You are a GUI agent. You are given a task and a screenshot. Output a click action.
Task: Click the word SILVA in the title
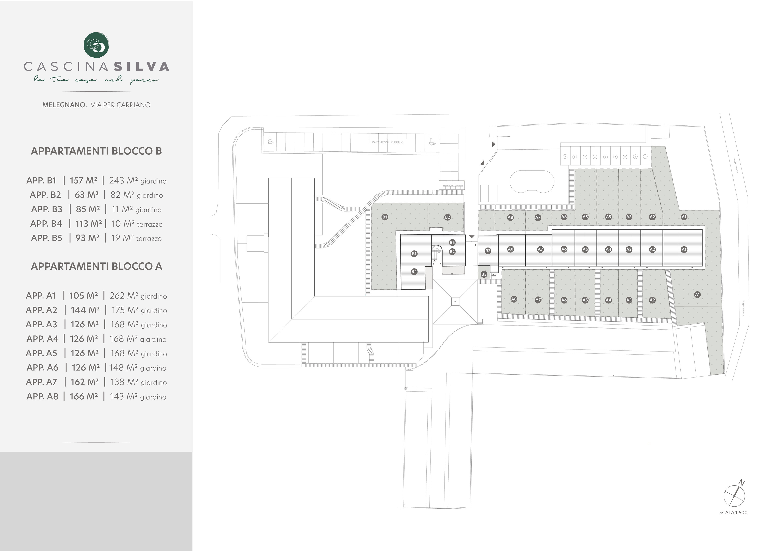point(141,67)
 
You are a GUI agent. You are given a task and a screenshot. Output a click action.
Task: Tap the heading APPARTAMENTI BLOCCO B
point(96,151)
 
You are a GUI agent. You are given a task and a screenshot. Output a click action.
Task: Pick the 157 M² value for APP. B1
point(83,181)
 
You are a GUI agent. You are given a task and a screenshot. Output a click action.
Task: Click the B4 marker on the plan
point(414,272)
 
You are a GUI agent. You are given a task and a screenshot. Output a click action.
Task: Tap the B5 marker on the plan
point(452,242)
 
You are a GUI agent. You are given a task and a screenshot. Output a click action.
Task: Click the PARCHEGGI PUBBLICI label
point(388,142)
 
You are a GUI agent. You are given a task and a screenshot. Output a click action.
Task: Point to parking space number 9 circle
point(565,157)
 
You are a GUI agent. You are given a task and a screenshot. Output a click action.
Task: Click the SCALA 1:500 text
point(733,513)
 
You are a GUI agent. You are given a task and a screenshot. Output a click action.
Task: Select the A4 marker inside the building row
point(608,250)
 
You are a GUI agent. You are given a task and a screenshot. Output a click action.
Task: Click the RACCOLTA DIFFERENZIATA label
point(453,185)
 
